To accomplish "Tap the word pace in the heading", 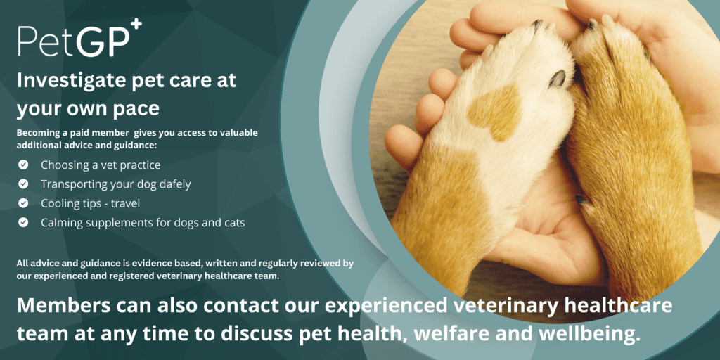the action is (137, 110).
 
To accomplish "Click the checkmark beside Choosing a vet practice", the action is (23, 165).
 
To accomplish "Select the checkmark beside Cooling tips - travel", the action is (23, 203).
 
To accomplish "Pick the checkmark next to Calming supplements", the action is (23, 223).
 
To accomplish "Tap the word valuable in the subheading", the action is (239, 133).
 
